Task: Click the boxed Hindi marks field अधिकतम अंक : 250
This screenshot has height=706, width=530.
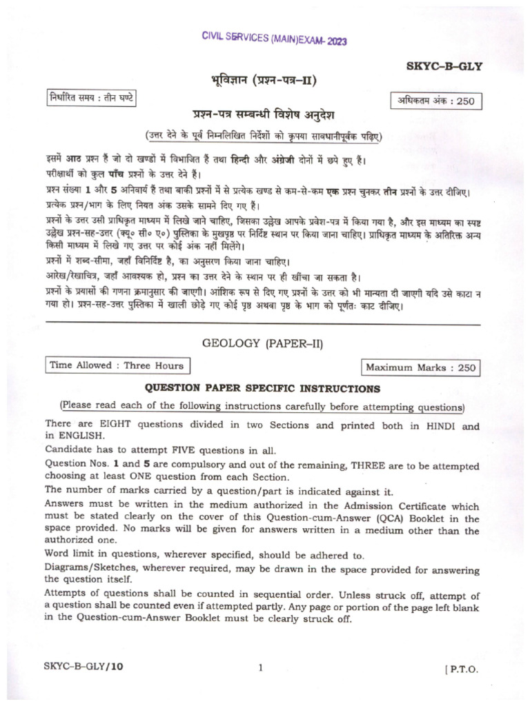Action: coord(436,101)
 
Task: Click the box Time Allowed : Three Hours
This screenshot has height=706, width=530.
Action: coord(117,365)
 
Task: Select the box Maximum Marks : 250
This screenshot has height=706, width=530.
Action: coord(421,367)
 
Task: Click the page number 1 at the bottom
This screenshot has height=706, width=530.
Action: coord(260,667)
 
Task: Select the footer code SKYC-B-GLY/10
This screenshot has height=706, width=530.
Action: coord(82,667)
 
